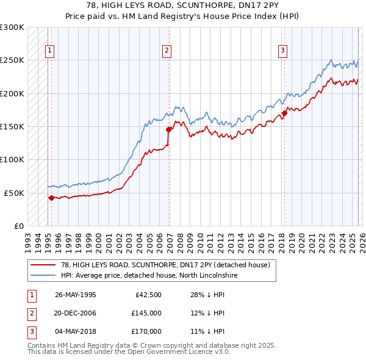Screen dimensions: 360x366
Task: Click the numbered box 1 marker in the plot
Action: point(49,51)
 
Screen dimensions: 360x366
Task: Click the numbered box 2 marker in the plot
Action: point(167,51)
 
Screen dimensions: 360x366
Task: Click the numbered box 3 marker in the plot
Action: point(283,51)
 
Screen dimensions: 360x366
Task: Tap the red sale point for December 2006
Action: point(168,129)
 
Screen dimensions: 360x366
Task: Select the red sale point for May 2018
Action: point(284,113)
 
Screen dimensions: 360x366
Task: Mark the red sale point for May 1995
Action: point(51,197)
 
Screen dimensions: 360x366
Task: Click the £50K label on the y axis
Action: point(14,193)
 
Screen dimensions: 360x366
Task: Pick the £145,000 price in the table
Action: point(146,313)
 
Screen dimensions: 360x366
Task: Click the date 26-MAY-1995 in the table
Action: point(75,295)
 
